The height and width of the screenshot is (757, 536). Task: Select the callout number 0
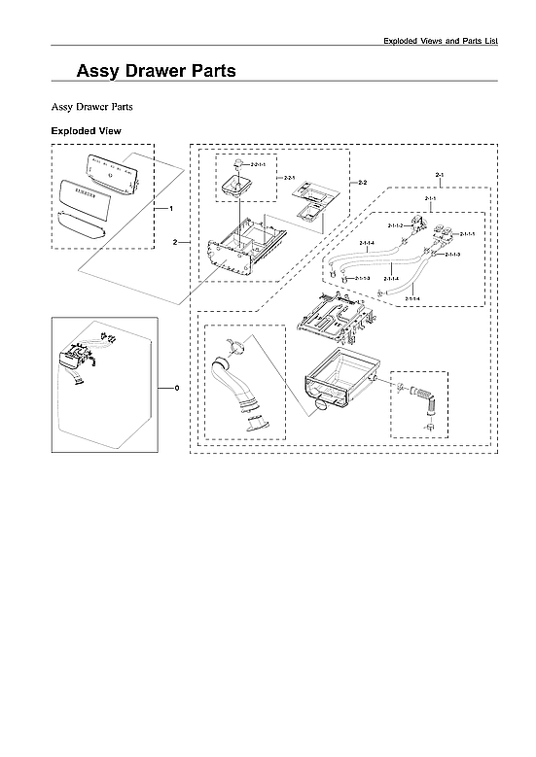coord(176,388)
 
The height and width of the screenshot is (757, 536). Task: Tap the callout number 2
coord(175,240)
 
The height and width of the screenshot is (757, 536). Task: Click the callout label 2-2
coord(361,183)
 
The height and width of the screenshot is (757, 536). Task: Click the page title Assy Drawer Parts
coord(156,71)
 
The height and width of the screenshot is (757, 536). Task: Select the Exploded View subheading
coord(86,130)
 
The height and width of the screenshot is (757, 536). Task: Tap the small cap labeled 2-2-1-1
coord(235,166)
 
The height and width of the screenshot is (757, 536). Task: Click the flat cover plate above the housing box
coord(332,315)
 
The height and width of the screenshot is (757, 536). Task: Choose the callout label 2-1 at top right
coord(440,174)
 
